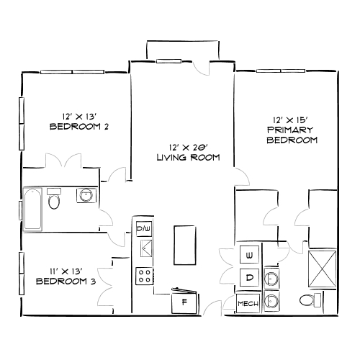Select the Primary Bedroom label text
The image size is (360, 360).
292,135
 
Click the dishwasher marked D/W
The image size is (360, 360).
144,230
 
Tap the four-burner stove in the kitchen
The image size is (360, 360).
144,276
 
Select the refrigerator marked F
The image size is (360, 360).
184,302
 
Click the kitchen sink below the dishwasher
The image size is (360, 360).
145,250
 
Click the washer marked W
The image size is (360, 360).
249,256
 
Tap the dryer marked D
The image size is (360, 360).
249,277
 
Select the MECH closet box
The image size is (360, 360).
248,304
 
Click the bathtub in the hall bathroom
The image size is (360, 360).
32,210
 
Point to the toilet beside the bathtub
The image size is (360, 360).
54,199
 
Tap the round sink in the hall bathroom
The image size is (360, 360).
86,195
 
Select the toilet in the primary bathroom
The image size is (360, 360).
309,301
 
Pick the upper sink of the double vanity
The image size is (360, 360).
271,278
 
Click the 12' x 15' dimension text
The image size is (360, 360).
292,120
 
